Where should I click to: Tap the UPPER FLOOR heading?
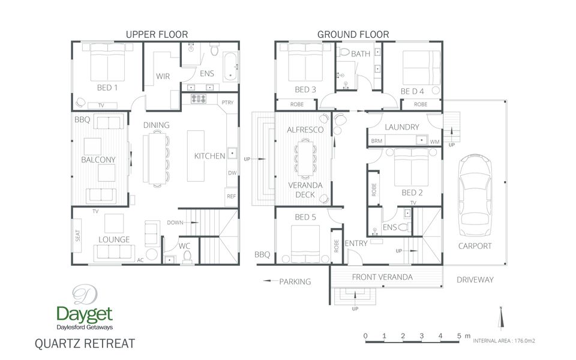click(x=157, y=35)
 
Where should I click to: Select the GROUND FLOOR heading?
click(x=353, y=35)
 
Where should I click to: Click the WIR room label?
click(x=163, y=76)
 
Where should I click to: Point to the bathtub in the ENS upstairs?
click(x=230, y=67)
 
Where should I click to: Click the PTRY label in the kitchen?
click(x=227, y=103)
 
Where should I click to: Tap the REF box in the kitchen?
click(x=231, y=196)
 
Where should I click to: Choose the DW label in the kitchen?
click(x=232, y=173)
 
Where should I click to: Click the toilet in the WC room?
click(x=187, y=257)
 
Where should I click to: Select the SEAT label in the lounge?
click(x=79, y=236)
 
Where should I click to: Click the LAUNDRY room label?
click(x=401, y=127)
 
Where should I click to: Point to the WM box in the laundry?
click(x=434, y=142)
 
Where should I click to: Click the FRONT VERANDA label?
click(x=382, y=277)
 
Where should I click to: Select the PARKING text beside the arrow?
click(x=295, y=281)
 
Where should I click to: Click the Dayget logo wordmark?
click(x=85, y=314)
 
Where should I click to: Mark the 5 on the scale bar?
click(x=459, y=335)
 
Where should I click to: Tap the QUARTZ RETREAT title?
click(x=85, y=344)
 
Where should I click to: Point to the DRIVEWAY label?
click(x=475, y=280)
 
